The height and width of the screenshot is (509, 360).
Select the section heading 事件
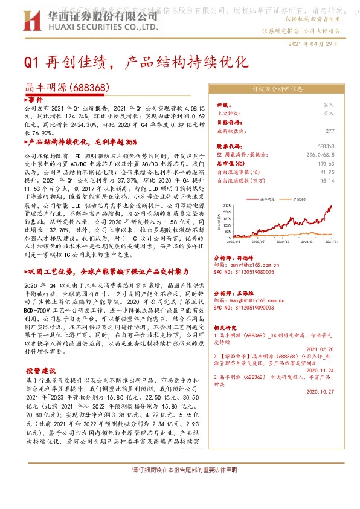pyautogui.click(x=34, y=99)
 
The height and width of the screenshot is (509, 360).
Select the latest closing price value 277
pyautogui.click(x=329, y=131)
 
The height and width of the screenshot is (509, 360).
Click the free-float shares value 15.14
pyautogui.click(x=327, y=180)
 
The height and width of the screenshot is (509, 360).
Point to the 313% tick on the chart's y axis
pyautogui.click(x=227, y=206)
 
